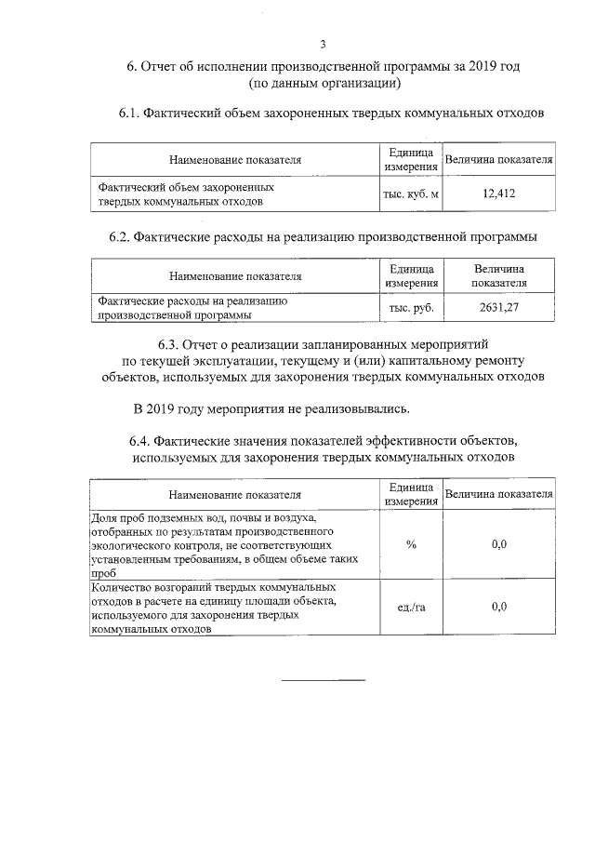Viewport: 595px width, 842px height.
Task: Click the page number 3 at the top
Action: click(x=323, y=44)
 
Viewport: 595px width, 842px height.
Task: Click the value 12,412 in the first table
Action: click(x=498, y=194)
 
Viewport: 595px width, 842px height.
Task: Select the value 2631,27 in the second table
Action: click(x=498, y=308)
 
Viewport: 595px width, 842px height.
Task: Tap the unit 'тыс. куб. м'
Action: click(x=410, y=194)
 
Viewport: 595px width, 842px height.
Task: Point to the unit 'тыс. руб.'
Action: click(x=410, y=308)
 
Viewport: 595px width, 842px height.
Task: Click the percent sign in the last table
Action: click(x=410, y=543)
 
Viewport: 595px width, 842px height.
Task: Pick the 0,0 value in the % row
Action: click(x=498, y=543)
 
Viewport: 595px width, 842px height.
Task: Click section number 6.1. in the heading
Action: click(x=129, y=114)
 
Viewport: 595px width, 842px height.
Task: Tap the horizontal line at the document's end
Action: click(x=323, y=679)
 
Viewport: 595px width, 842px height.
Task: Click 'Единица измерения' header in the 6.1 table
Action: click(x=410, y=159)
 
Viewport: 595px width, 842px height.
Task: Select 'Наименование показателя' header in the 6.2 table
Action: click(x=235, y=275)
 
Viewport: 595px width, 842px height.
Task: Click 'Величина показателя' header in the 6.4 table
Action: click(x=498, y=493)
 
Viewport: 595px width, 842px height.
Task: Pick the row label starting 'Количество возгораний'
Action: click(x=214, y=608)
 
